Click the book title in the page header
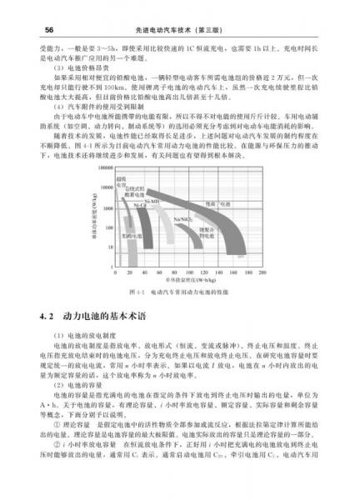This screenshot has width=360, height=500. tap(180, 8)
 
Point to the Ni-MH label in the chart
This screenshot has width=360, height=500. tap(153, 201)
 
